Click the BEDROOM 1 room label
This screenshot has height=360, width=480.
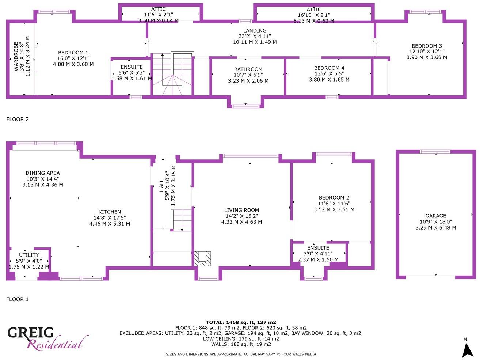pyautogui.click(x=73, y=53)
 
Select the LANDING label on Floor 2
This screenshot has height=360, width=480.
pyautogui.click(x=255, y=31)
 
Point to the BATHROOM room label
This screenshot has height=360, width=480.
pyautogui.click(x=248, y=69)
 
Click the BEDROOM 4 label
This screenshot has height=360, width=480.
pyautogui.click(x=329, y=68)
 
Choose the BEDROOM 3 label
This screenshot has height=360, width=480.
pyautogui.click(x=427, y=46)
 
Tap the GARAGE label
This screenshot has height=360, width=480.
pyautogui.click(x=435, y=216)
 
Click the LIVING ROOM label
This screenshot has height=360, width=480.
pyautogui.click(x=241, y=210)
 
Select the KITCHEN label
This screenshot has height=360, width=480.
pyautogui.click(x=110, y=212)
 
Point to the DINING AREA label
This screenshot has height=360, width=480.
pyautogui.click(x=43, y=173)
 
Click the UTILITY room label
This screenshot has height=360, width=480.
pyautogui.click(x=29, y=255)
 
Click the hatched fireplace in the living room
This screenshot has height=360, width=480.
pyautogui.click(x=202, y=259)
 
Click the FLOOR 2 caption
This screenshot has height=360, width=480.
pyautogui.click(x=18, y=119)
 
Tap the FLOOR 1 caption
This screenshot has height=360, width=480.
pyautogui.click(x=18, y=299)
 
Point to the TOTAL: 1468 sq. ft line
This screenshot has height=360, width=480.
pyautogui.click(x=241, y=322)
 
